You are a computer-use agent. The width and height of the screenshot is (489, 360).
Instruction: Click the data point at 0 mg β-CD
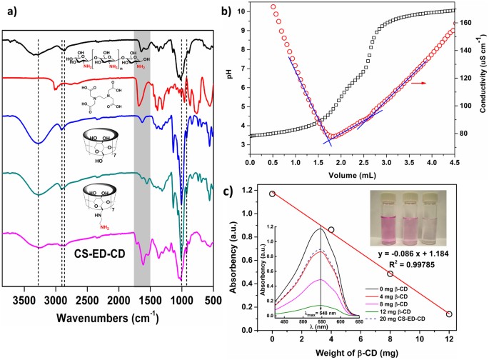click(x=272, y=194)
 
